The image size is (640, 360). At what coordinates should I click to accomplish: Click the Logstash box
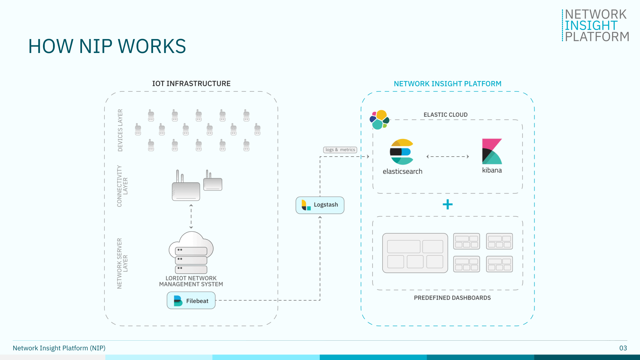coord(320,205)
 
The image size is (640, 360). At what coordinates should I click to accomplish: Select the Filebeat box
coord(191,301)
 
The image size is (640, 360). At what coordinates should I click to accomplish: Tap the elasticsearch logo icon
coord(402,152)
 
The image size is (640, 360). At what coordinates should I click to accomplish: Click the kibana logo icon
coord(492,152)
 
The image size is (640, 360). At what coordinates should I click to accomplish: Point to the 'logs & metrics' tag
coord(340,150)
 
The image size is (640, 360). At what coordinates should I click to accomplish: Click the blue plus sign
coord(447,204)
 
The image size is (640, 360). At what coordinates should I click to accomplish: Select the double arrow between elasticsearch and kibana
coord(447,156)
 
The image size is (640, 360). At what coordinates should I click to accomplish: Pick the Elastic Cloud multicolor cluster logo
coord(379,120)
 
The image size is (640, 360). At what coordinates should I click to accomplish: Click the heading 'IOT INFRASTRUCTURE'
coord(191,84)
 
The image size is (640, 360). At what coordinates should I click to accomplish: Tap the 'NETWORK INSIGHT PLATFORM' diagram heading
coord(447,84)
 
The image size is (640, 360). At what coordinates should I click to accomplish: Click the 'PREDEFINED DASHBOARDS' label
coord(452,298)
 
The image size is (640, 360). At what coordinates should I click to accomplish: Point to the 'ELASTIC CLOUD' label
coord(445,115)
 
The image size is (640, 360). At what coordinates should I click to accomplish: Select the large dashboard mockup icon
coord(415,253)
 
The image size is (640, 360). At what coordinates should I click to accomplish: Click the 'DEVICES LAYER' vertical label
coord(120,130)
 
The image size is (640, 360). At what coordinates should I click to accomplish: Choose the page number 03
coord(623,348)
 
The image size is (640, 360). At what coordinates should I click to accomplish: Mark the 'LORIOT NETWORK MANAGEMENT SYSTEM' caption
coord(191,281)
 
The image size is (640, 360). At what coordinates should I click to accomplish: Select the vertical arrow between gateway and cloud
coord(191,216)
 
